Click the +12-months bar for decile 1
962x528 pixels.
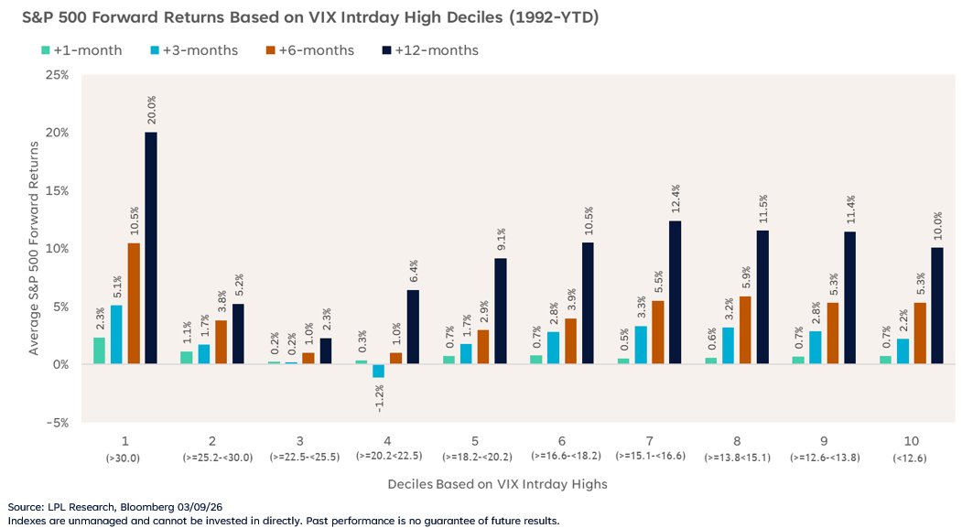click(x=150, y=248)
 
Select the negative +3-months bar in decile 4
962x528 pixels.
click(x=378, y=371)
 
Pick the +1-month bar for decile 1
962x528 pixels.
click(x=99, y=350)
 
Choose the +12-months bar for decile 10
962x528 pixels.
click(x=935, y=306)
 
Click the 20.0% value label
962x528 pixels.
click(x=150, y=112)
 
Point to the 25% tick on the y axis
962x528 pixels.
click(x=57, y=75)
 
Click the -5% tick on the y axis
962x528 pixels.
click(x=57, y=423)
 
